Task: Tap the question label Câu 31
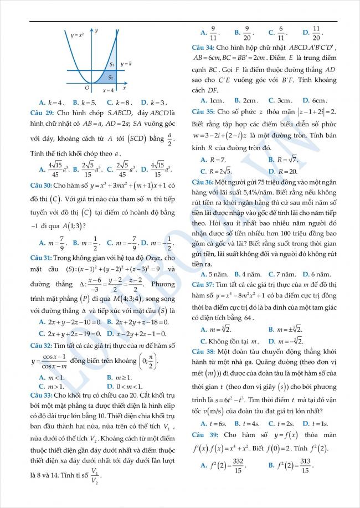(x=51, y=258)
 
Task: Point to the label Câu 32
(x=51, y=346)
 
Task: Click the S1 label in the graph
(x=112, y=65)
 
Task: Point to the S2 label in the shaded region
(x=111, y=78)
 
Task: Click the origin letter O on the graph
(x=87, y=88)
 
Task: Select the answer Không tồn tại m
(x=231, y=341)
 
